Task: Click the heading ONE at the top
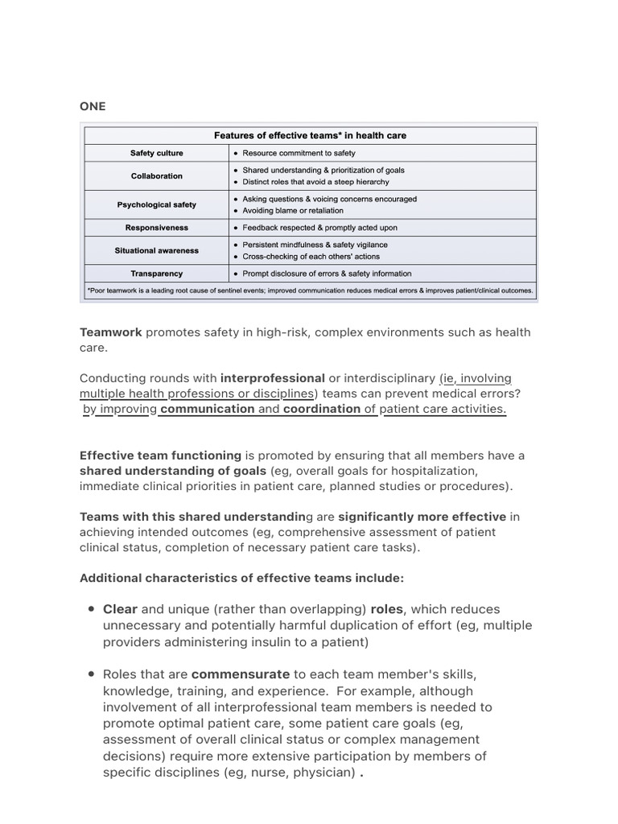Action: [93, 106]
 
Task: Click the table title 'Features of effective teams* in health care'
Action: [310, 135]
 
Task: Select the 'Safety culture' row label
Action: [157, 153]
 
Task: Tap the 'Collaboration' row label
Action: [157, 176]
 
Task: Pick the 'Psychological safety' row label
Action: [157, 205]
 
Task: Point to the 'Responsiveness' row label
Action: [157, 228]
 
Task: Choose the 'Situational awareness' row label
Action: [157, 250]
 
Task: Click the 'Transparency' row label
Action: [157, 274]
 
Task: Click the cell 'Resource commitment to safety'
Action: [299, 153]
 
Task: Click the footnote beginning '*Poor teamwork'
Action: [310, 290]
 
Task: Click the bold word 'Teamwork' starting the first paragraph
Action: [110, 332]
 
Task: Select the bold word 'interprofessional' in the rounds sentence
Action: [273, 378]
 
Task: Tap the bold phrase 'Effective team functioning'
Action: [160, 455]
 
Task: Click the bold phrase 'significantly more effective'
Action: [422, 517]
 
